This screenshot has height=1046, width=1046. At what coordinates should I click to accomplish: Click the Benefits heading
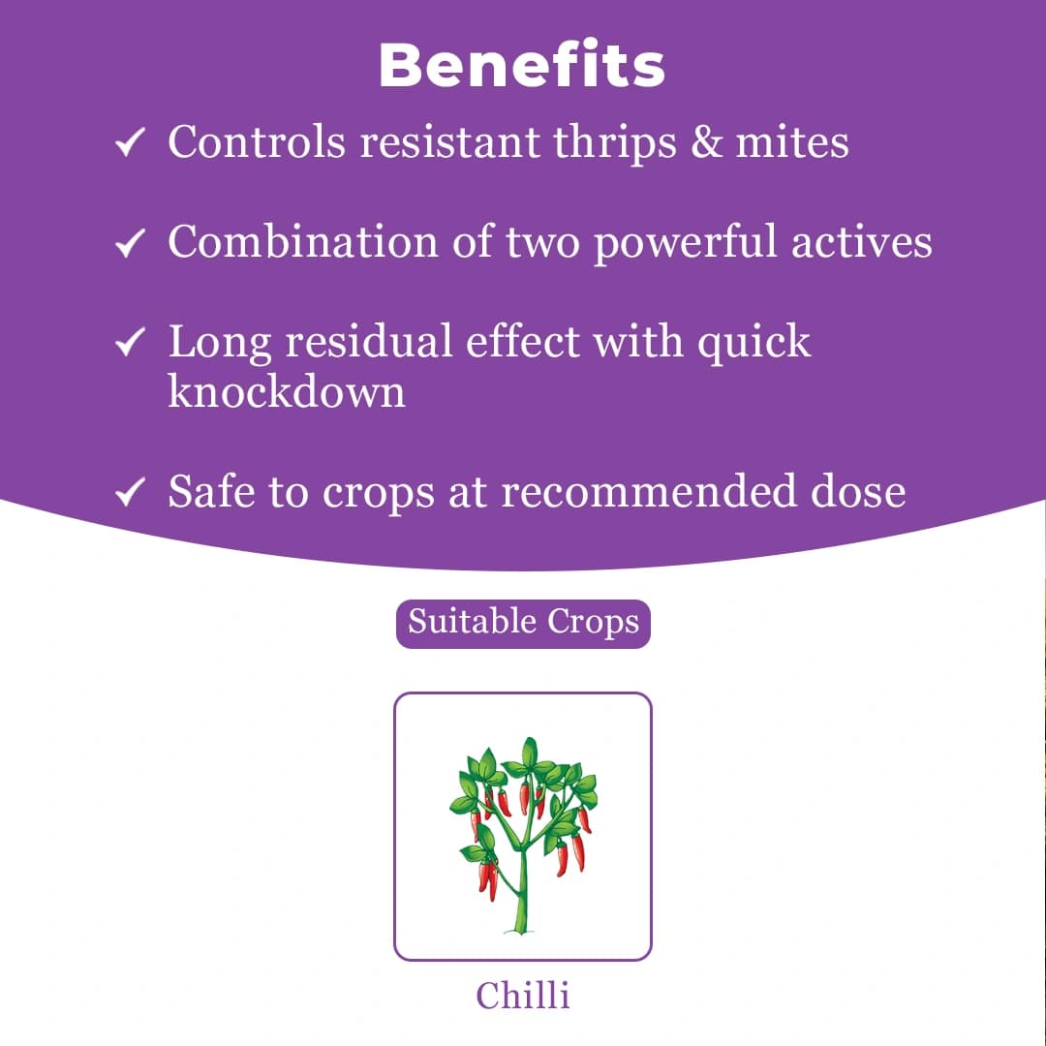click(522, 66)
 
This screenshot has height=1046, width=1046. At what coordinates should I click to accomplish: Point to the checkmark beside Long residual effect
click(130, 344)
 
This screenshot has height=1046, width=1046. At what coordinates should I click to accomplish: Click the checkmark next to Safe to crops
click(130, 494)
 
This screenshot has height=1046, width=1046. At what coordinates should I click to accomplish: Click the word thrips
click(613, 143)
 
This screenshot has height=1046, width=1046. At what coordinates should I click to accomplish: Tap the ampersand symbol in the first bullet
click(707, 142)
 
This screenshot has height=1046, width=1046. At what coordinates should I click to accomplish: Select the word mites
click(792, 142)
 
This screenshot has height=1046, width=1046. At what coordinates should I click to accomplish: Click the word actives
click(861, 241)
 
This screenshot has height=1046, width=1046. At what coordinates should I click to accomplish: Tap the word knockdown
click(287, 390)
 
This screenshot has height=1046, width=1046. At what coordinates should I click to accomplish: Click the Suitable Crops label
click(523, 622)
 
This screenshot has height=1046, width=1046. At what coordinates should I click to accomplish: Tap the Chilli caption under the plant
click(523, 995)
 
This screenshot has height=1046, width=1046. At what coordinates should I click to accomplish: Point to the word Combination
click(303, 241)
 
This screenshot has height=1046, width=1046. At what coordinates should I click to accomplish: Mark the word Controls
click(256, 142)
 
